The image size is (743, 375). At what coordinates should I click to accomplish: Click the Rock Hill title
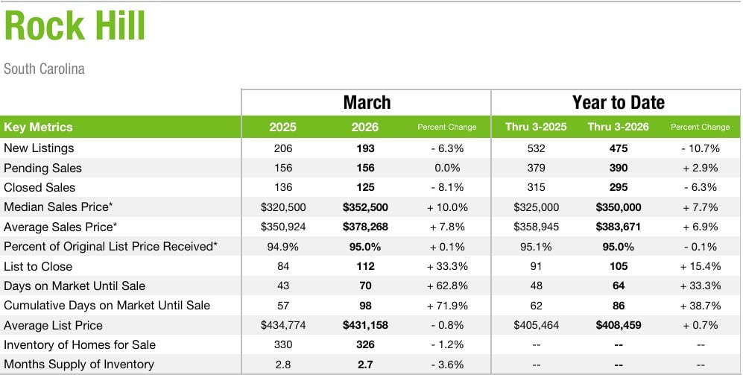[75, 26]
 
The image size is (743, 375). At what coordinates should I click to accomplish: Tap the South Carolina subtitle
[44, 69]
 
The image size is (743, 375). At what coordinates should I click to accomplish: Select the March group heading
[367, 102]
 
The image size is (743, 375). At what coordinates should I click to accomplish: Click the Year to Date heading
[618, 102]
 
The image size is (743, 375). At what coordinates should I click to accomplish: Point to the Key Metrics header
[39, 127]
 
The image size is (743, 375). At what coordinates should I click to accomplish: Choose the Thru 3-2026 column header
[618, 127]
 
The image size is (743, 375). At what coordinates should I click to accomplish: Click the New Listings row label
[39, 148]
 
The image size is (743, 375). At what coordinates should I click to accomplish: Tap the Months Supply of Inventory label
[78, 364]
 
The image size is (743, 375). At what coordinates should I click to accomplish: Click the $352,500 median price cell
[365, 207]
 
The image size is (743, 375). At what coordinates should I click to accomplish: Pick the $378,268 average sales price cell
[365, 227]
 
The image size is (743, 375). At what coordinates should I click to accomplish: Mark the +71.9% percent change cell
[447, 305]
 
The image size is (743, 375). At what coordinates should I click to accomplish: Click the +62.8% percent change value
[447, 286]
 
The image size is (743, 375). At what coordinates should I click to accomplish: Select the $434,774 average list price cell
[283, 325]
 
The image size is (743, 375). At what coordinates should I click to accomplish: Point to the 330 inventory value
[283, 344]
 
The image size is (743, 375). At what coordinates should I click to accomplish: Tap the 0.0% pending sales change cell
[447, 168]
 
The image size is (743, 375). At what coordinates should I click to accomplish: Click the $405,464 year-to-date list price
[536, 325]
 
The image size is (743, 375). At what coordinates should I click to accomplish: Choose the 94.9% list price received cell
[283, 246]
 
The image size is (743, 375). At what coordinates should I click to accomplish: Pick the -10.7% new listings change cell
[700, 148]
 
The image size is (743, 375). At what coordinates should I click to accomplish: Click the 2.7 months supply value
[365, 364]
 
